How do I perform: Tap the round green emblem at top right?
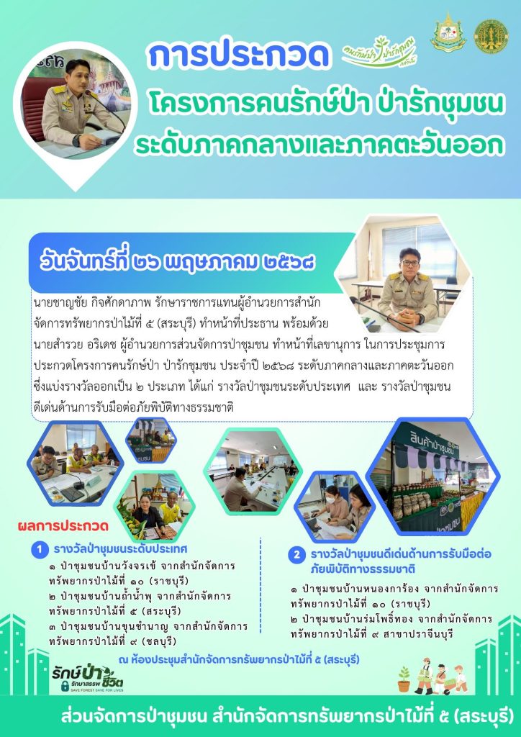coord(491,36)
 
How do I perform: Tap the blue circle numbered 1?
coord(40,549)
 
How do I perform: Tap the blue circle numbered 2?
coord(296,556)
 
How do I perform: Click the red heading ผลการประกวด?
coord(63,525)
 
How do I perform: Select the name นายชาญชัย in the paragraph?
coord(53,302)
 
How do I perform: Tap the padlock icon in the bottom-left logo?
coord(65,686)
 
